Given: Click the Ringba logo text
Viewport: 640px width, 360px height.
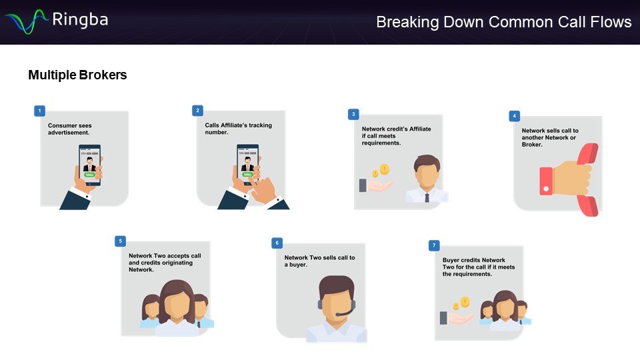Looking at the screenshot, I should pos(79,19).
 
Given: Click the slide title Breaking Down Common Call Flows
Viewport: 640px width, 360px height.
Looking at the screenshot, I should pos(503,22).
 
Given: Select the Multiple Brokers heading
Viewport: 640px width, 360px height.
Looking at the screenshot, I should pos(77,75).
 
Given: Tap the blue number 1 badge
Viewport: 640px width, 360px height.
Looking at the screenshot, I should pos(40,111).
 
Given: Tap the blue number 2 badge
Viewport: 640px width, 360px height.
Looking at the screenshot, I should pos(197,111).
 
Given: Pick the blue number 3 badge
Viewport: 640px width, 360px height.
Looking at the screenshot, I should pos(353,115).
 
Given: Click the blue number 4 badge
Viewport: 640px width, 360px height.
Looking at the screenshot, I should pos(514,116).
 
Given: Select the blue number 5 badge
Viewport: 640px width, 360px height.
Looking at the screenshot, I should pos(120,241).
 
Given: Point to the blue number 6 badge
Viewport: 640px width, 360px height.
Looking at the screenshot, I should pos(277,243).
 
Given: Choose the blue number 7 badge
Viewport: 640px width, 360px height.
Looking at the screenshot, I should pos(434,246).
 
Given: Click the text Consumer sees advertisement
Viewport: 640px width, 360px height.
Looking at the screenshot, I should pos(70,129).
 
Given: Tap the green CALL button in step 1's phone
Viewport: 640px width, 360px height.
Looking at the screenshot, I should pos(90,175).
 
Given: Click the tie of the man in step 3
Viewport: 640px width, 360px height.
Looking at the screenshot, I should pos(427,197).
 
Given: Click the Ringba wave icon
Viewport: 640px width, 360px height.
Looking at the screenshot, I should pos(26,21).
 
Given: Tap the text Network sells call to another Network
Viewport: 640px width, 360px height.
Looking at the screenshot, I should pos(550,137).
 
